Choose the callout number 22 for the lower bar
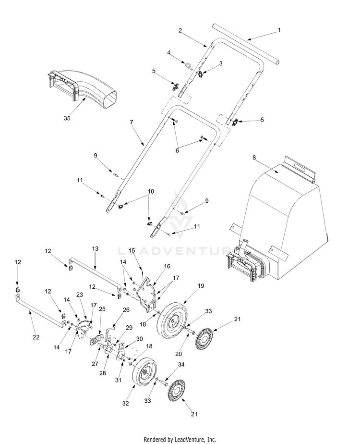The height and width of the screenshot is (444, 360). pyautogui.click(x=36, y=338)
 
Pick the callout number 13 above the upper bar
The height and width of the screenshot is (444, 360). pyautogui.click(x=95, y=248)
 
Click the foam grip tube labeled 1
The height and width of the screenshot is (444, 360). pyautogui.click(x=245, y=48)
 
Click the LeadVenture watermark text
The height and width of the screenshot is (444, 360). pyautogui.click(x=180, y=250)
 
